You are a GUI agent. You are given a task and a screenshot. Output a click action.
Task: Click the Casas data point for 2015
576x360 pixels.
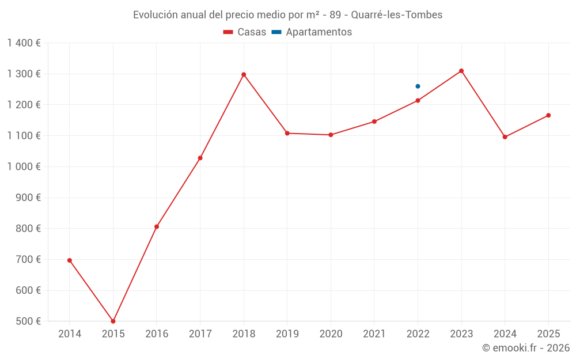113,321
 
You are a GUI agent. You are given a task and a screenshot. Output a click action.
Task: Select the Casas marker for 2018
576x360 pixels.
244,74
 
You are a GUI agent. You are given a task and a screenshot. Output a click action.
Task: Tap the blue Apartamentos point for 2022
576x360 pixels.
418,86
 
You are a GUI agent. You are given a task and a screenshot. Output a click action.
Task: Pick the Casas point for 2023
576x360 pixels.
461,71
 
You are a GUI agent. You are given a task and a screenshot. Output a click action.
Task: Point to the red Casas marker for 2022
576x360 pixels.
418,100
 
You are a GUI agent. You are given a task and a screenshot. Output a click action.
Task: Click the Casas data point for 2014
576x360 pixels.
70,260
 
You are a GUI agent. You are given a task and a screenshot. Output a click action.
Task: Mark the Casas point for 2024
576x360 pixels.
505,137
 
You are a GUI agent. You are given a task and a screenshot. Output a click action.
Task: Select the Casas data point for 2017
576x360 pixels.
200,158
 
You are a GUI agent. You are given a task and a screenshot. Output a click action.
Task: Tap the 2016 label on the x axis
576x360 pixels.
157,334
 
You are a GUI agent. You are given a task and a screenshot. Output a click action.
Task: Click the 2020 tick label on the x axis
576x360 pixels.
331,334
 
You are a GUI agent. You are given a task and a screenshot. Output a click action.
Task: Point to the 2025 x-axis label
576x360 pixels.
548,334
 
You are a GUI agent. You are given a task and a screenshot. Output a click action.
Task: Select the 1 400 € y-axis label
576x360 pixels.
24,43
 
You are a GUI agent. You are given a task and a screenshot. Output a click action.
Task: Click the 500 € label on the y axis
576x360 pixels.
29,321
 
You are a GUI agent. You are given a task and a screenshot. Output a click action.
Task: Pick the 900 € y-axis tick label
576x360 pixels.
29,198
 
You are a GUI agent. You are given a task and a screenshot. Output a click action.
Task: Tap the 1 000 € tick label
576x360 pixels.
24,166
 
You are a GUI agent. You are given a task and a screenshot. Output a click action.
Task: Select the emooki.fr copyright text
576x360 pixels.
526,348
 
